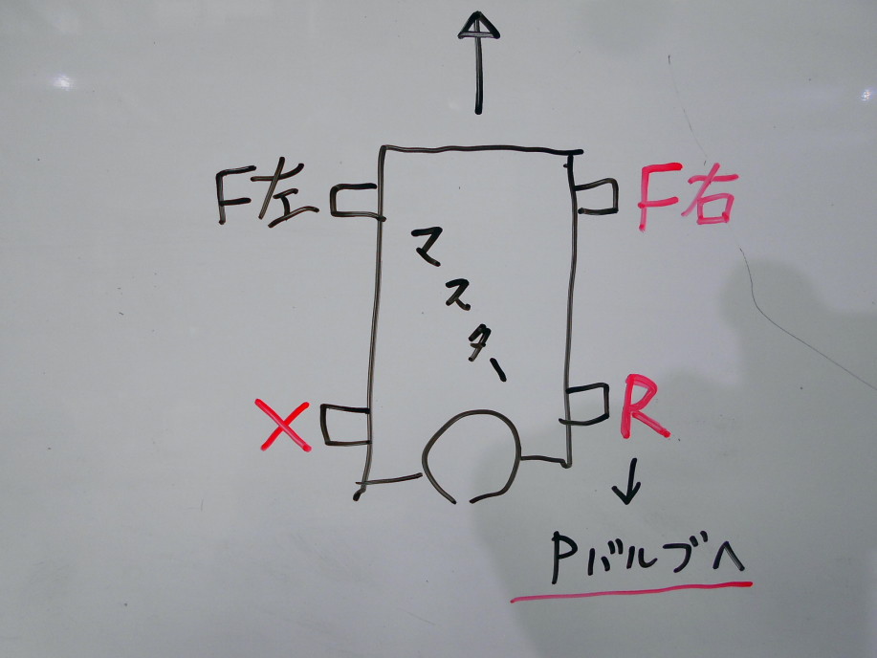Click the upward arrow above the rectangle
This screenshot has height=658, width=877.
coord(476,62)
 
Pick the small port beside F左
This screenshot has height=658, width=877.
coord(358,200)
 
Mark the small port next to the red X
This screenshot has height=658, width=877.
coord(345,425)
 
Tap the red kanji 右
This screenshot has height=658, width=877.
coord(709,199)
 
